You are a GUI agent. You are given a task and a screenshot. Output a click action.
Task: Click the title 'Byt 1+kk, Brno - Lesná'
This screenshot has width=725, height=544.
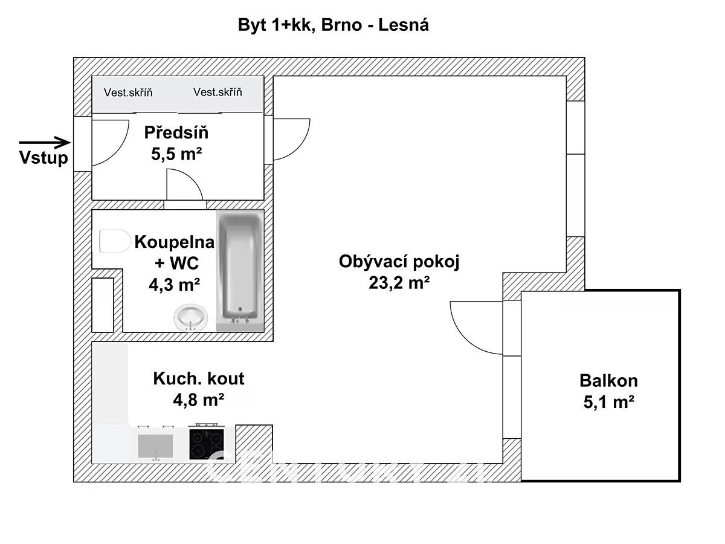click(x=333, y=25)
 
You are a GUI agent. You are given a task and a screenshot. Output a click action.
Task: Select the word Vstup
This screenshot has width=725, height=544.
click(x=43, y=159)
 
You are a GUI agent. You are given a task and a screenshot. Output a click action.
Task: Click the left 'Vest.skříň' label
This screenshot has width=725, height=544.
click(x=128, y=92)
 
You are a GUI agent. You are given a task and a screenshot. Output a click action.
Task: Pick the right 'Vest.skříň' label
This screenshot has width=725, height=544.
click(x=217, y=92)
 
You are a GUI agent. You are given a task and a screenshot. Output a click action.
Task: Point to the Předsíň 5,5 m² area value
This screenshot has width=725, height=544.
click(x=176, y=154)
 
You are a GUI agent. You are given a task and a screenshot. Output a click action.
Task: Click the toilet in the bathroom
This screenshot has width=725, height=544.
click(x=114, y=242)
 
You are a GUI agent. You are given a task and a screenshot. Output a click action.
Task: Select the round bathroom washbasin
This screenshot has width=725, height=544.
click(x=190, y=317)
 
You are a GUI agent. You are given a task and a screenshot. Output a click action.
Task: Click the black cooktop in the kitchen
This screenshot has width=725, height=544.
click(x=207, y=442)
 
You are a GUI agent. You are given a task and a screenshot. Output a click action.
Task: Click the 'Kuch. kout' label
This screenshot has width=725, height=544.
click(x=199, y=379)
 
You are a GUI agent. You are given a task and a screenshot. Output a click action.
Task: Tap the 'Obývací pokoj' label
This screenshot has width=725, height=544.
click(x=399, y=262)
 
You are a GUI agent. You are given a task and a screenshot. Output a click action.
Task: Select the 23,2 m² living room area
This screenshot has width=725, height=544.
click(x=399, y=282)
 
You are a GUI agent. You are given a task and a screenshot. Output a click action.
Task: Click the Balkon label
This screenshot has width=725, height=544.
click(x=608, y=381)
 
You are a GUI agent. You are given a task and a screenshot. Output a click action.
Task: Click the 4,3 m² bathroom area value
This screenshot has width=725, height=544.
click(x=175, y=283)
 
